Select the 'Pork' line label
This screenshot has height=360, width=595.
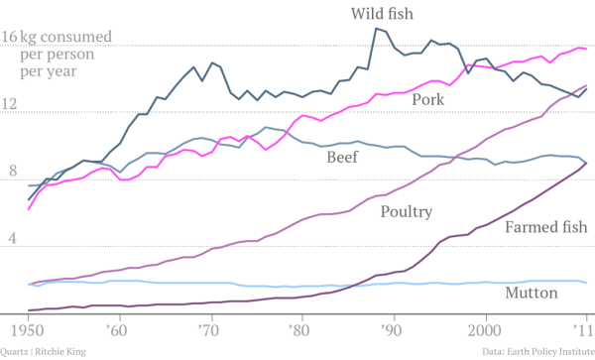427,99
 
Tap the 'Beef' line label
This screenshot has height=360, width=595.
344,156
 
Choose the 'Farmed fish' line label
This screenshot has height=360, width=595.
544,228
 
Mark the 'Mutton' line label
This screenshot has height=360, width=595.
531,294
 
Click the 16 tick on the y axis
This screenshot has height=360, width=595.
10,39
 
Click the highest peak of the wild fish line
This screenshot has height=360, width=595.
376,28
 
